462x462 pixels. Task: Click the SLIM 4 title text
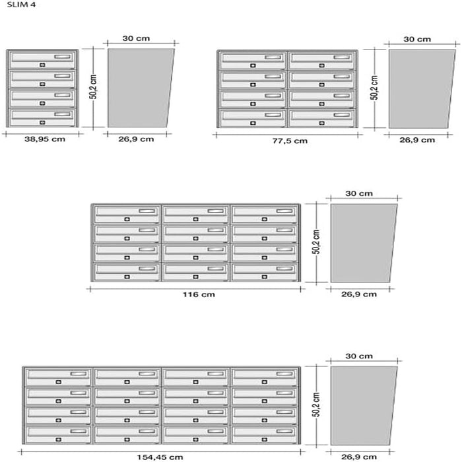(21, 5)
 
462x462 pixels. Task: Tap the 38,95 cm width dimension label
(45, 139)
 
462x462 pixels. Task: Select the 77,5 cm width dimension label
(290, 141)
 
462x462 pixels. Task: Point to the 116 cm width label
(199, 294)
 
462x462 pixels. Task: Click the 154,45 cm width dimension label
(160, 457)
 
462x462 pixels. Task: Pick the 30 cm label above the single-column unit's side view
(136, 38)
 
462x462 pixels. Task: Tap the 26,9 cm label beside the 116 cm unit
(359, 294)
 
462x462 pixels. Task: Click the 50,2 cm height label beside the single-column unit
(93, 87)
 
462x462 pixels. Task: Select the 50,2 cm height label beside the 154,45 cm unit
(316, 405)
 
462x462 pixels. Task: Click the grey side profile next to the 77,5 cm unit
(421, 88)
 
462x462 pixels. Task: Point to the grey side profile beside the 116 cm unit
(362, 243)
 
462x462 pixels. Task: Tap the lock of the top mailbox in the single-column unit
(42, 65)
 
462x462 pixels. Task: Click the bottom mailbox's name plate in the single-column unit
(63, 114)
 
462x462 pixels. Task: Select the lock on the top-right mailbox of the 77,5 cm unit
(322, 65)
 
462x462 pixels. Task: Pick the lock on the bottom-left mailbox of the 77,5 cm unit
(253, 123)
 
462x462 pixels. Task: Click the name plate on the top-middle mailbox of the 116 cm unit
(216, 211)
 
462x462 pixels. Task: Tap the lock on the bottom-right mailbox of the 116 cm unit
(264, 277)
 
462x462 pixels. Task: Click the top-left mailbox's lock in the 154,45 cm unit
(58, 382)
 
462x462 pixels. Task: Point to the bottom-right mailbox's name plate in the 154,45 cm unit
(284, 432)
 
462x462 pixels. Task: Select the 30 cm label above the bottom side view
(359, 356)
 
